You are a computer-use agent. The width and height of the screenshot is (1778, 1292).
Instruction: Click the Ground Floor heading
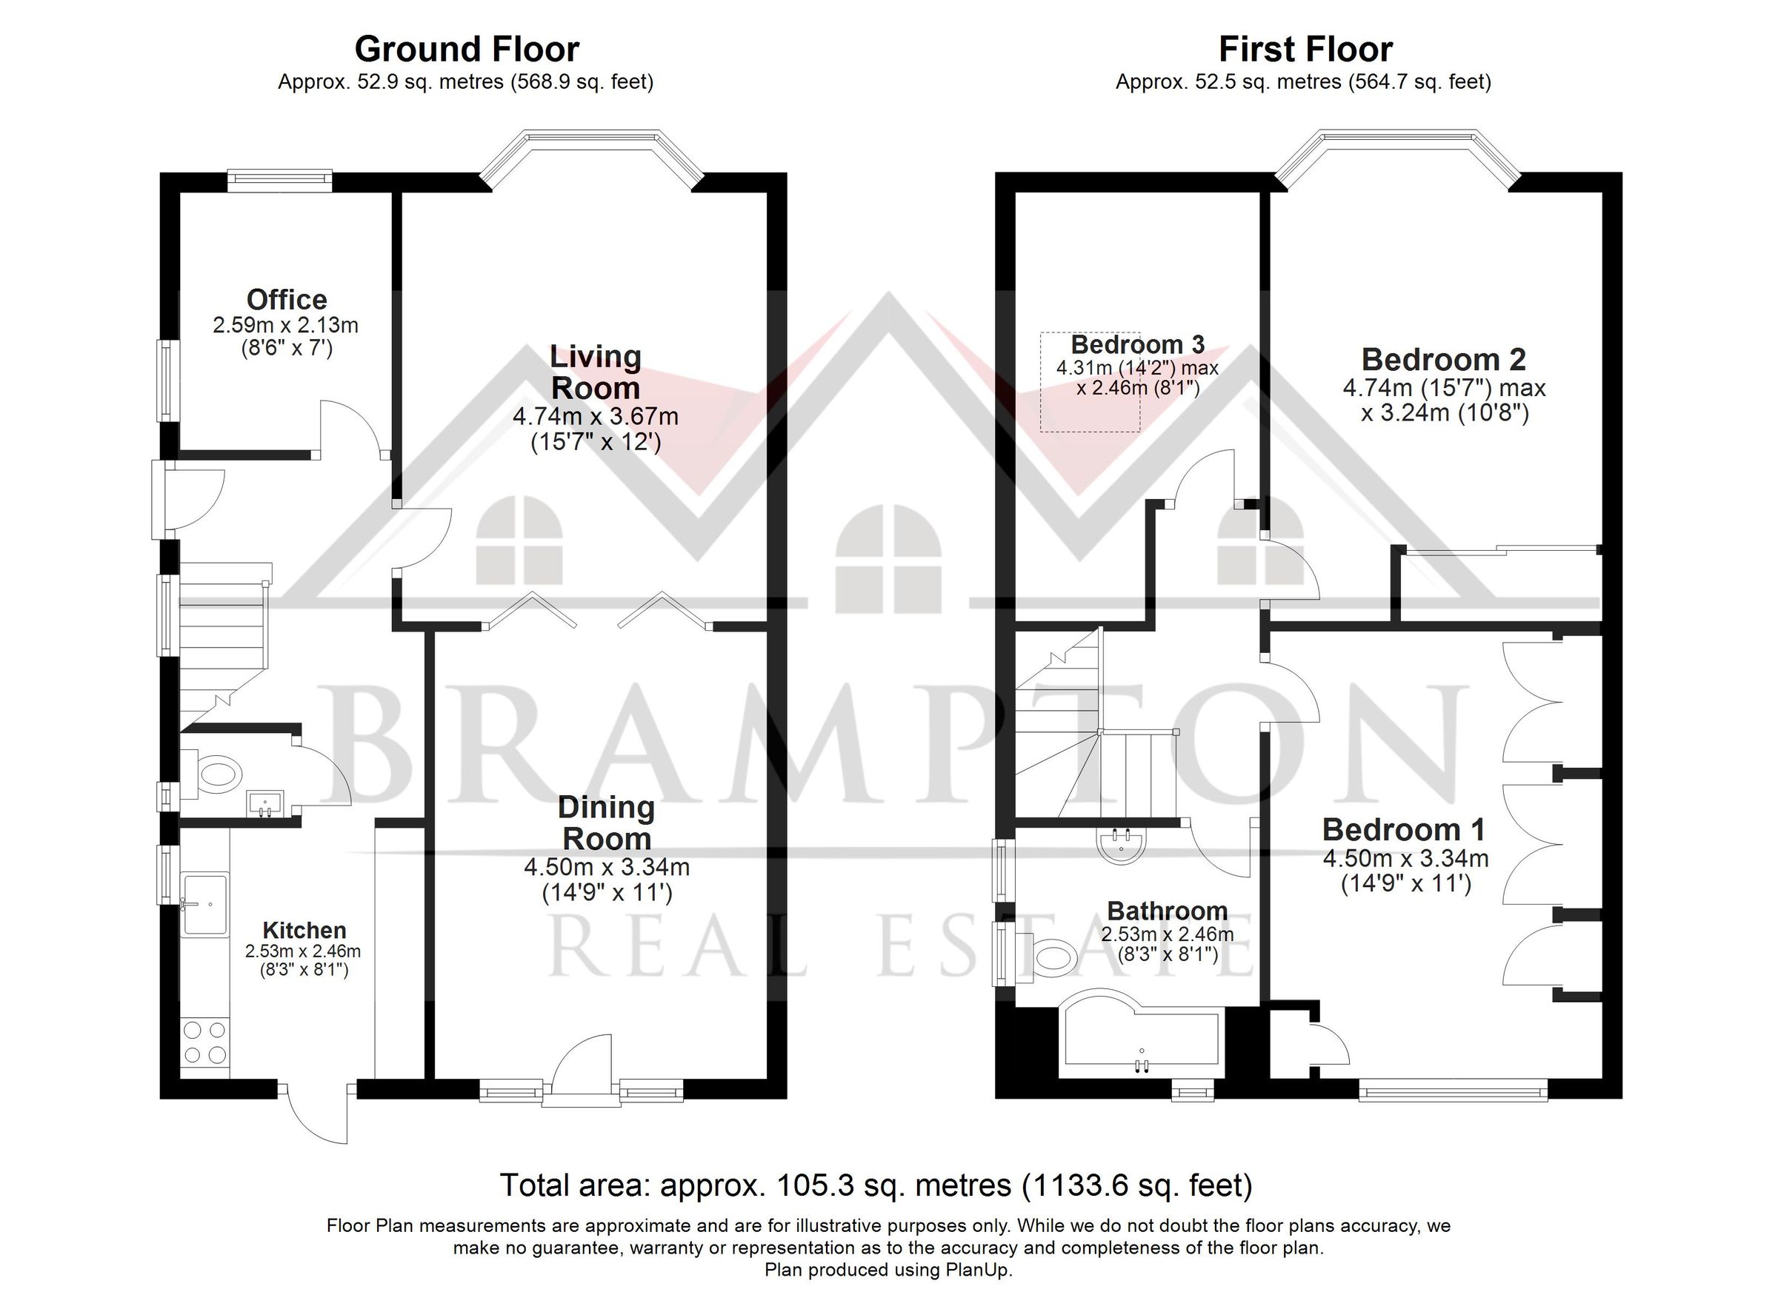click(467, 50)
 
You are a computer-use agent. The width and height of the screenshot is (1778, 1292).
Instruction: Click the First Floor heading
click(1305, 50)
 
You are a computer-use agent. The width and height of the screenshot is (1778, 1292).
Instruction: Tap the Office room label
click(286, 299)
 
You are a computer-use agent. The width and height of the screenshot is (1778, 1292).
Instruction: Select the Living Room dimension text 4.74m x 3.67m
click(595, 416)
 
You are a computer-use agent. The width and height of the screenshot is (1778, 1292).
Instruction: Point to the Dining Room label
click(606, 823)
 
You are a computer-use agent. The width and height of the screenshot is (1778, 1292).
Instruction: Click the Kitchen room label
click(304, 930)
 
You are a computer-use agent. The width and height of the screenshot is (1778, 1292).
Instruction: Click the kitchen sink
click(204, 905)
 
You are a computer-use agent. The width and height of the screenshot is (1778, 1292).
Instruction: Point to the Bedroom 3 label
click(1136, 345)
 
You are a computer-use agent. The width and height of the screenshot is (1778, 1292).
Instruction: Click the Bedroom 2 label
click(1443, 360)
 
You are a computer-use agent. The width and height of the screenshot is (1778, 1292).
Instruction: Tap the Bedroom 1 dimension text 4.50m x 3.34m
click(1405, 858)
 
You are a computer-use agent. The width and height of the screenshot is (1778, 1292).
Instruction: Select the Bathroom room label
click(1167, 911)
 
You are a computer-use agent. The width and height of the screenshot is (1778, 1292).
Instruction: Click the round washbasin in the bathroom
click(1121, 845)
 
